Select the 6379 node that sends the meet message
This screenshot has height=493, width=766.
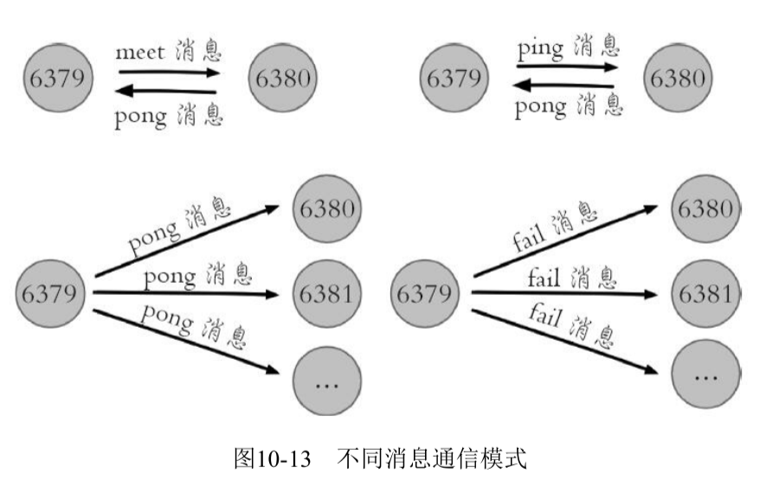[57, 79]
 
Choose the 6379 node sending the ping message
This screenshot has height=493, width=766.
[452, 79]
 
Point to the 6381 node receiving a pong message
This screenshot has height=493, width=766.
[327, 293]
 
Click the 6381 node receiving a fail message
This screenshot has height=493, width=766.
[704, 293]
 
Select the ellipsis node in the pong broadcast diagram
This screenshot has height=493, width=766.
[327, 381]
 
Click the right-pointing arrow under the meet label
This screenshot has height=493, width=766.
[169, 73]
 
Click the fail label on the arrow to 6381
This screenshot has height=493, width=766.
[546, 279]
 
